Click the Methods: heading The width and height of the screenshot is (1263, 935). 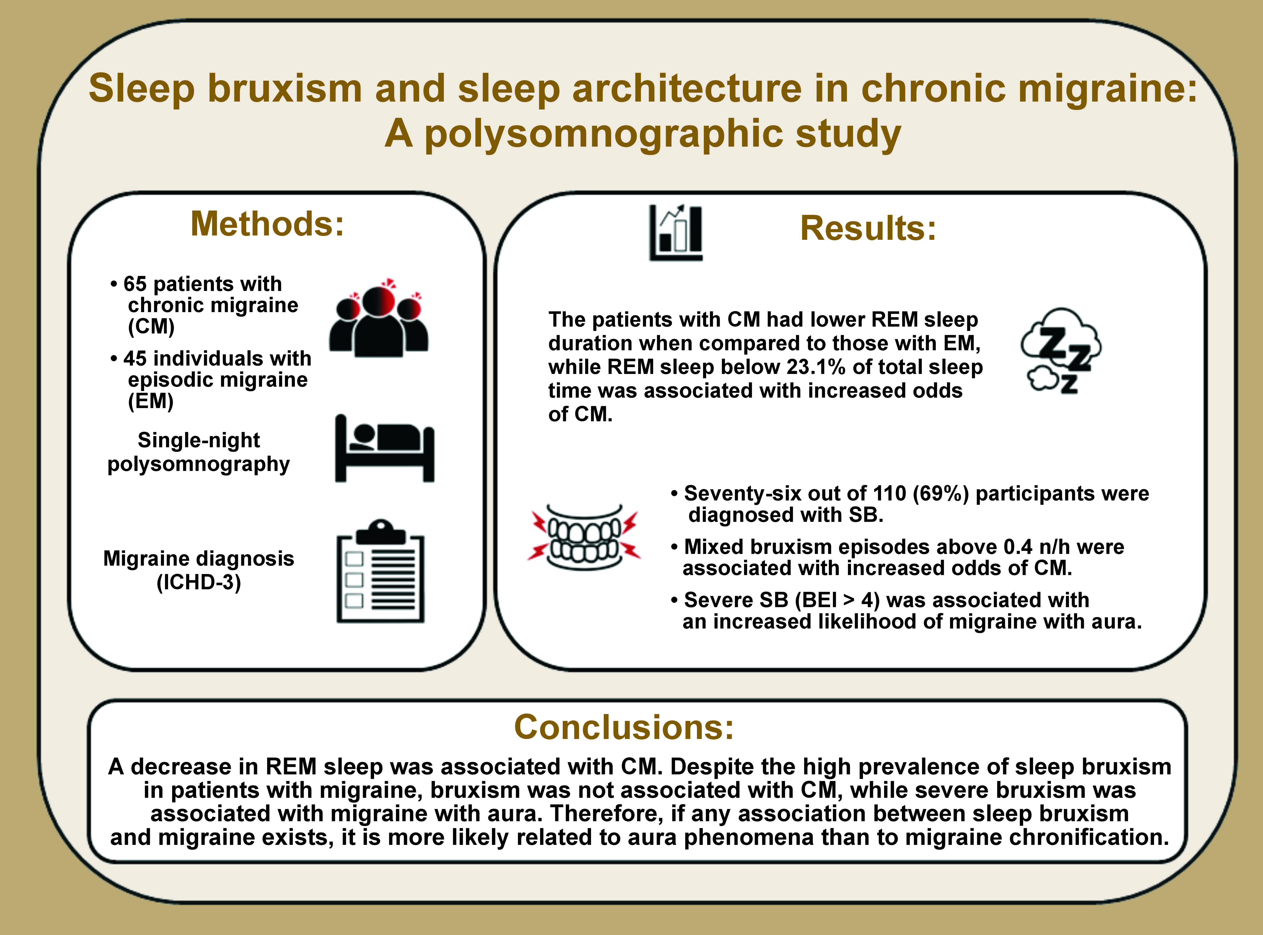[x=267, y=224]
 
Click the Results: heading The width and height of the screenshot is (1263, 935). [x=868, y=229]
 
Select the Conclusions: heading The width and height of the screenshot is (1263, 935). [x=624, y=727]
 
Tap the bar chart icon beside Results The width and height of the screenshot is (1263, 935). [x=676, y=233]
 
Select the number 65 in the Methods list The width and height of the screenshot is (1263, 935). [x=135, y=284]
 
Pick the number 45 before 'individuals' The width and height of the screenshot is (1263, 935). [x=135, y=358]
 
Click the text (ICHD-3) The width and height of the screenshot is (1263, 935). [x=199, y=582]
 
